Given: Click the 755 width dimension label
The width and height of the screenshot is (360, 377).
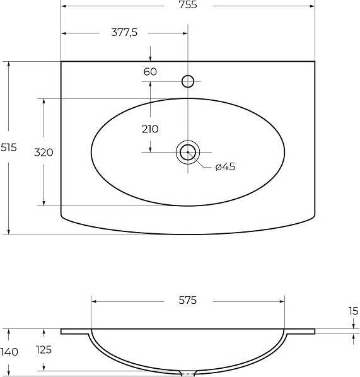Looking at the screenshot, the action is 188,5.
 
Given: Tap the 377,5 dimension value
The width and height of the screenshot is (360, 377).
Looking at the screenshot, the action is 124,32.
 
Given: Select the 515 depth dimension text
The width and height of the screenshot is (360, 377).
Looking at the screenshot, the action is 9,147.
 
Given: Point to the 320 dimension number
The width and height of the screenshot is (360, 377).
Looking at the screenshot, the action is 44,153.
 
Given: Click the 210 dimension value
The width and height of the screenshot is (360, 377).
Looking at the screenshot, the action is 150,129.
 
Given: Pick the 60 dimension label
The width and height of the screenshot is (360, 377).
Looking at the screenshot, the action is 150,72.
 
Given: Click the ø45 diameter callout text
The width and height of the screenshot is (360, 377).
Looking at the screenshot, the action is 225,166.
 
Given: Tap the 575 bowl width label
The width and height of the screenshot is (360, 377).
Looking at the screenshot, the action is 188,300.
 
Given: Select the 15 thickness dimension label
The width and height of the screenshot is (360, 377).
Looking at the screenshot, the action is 353,311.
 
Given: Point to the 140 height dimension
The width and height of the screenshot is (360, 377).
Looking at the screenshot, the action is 9,352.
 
